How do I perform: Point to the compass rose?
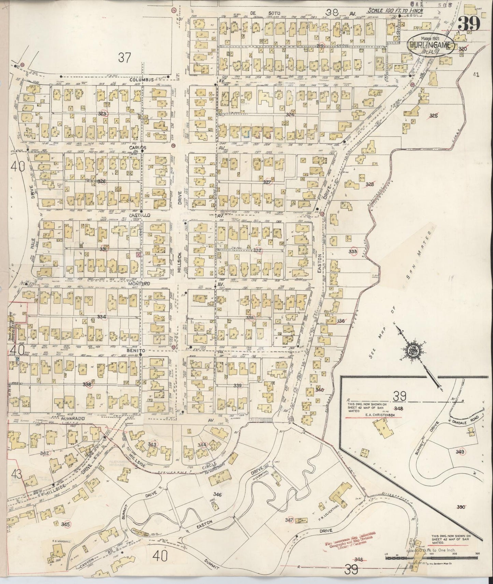419,350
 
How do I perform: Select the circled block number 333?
353,251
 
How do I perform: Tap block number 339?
238,386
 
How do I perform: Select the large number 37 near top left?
124,58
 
